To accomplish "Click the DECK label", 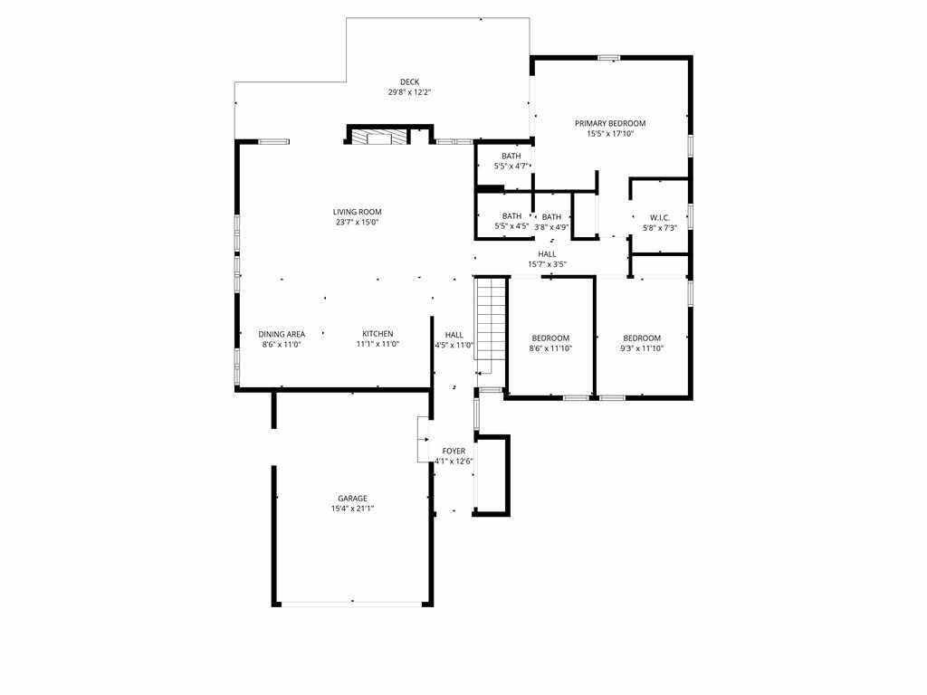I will point(409,82).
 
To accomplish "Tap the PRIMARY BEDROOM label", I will point(610,123).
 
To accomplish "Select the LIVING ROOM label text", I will point(357,212).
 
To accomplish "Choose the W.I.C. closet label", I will point(658,217).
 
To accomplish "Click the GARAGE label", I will point(352,499).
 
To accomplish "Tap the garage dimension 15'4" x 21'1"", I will point(352,509).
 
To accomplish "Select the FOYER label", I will point(454,451).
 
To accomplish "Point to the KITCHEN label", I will point(377,334).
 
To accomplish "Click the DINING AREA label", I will point(282,334).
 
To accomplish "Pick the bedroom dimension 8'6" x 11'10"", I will point(550,348).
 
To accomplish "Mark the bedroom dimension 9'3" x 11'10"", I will point(642,348).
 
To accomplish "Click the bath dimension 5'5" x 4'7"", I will point(511,167).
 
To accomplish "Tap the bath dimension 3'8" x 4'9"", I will point(551,227).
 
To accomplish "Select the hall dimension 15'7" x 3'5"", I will point(547,264).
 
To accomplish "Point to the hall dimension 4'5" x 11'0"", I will point(454,345).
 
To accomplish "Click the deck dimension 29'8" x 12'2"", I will point(409,92).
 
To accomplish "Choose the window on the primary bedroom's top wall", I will point(609,58).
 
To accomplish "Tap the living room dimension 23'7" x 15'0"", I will point(357,222).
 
